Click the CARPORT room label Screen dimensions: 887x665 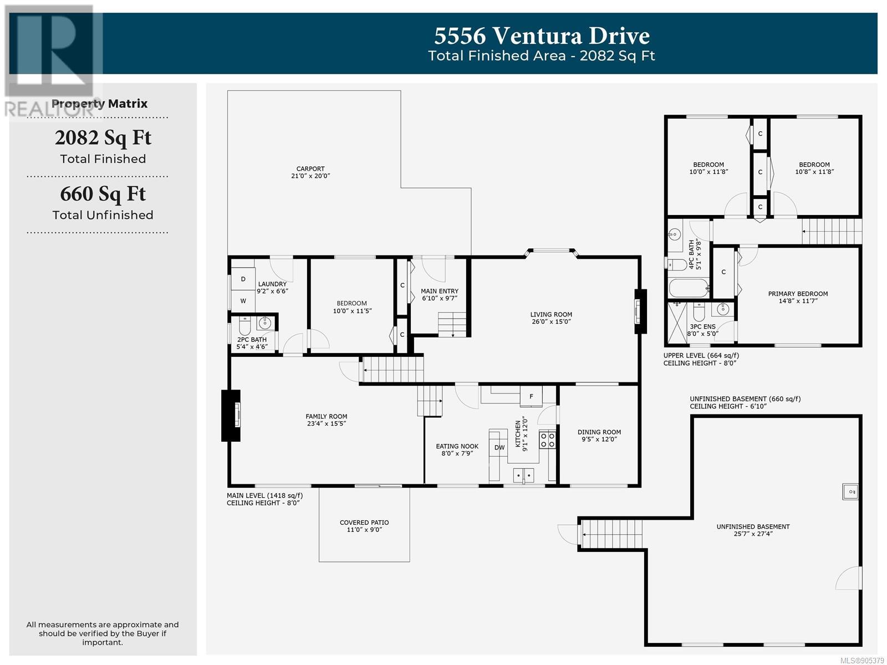tap(310, 169)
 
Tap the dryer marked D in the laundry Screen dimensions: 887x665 tap(243, 279)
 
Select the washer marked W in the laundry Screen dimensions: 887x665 tap(243, 301)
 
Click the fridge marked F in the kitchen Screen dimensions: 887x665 tap(531, 396)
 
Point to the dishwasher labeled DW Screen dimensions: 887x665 tap(499, 447)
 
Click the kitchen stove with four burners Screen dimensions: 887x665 tap(548, 440)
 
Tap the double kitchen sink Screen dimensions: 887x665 tap(523, 475)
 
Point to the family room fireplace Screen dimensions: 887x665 tap(231, 416)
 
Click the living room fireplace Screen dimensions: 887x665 tap(640, 311)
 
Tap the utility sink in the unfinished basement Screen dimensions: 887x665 tap(850, 492)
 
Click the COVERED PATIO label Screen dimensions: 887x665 tap(364, 523)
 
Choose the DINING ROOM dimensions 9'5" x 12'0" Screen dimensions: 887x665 tap(599, 439)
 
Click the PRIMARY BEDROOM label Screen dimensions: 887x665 tap(798, 294)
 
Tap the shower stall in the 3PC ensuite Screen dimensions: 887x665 tap(677, 323)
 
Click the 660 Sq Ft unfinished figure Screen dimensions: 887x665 tap(103, 194)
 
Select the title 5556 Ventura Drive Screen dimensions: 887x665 tap(542, 35)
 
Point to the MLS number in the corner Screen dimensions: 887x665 tap(862, 661)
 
